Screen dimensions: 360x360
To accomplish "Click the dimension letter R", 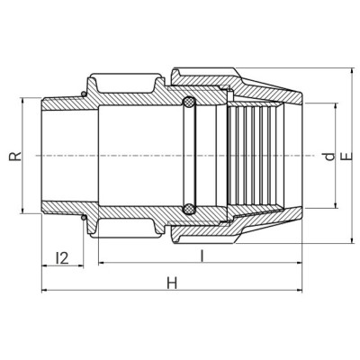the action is [x=15, y=156].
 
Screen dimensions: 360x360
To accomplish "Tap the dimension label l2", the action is [x=62, y=258].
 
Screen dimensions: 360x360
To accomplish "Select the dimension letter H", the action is [x=172, y=283].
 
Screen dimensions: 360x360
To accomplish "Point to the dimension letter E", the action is [x=347, y=156].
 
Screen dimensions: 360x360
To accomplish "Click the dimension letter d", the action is [x=330, y=156].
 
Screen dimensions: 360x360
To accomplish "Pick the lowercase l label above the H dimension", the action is [x=202, y=256].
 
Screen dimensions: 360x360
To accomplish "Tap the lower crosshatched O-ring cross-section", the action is [x=189, y=209].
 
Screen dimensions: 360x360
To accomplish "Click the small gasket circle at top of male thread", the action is [x=84, y=94].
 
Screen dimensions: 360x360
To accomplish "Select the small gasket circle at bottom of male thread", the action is [x=84, y=217].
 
